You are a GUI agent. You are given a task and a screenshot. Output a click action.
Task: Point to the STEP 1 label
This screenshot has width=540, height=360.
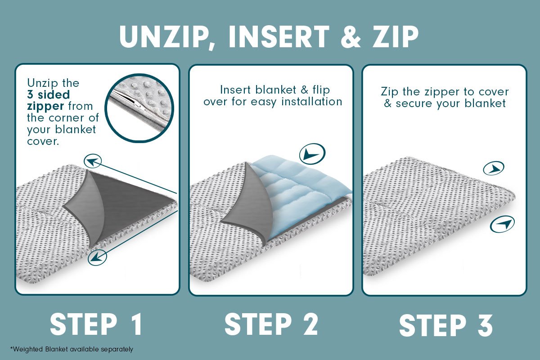point(96,324)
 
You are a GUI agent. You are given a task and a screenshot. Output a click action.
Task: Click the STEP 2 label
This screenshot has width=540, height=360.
point(271,324)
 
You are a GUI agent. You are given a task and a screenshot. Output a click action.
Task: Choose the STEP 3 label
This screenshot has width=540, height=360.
point(446,325)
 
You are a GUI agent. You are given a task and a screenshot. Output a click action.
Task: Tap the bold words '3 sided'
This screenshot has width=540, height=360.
point(49,94)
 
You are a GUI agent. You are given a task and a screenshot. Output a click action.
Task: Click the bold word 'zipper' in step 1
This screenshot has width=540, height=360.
point(45,106)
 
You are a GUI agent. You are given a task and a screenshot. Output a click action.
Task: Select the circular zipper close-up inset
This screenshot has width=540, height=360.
point(139,108)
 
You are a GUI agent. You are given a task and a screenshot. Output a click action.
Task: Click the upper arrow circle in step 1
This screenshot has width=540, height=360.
point(93,161)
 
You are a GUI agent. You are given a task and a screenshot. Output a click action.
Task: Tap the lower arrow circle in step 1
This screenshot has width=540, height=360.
point(97,257)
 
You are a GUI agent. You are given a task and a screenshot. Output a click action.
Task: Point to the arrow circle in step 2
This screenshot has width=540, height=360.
point(312,153)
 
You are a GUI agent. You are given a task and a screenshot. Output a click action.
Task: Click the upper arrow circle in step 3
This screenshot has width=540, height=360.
point(494,168)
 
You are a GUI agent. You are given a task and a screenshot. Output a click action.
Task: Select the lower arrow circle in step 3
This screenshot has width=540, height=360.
point(502,224)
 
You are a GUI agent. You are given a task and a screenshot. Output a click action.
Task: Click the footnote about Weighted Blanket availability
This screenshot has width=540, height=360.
point(72,349)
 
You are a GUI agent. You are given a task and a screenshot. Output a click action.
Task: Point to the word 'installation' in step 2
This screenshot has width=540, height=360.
point(312,102)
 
